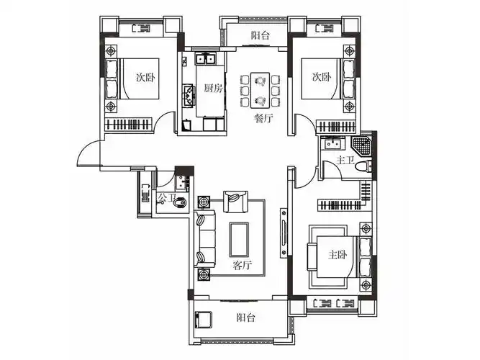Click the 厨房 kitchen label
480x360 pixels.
tap(212, 89)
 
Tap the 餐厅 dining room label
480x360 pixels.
tap(263, 120)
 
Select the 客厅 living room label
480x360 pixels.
tap(243, 265)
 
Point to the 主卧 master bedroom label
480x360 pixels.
tap(338, 254)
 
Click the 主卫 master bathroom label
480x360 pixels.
tap(348, 160)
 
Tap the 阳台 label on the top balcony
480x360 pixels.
tap(261, 35)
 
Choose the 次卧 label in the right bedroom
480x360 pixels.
tap(321, 77)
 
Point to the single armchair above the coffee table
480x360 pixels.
tap(235, 201)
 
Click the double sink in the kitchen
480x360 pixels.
tap(205, 59)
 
